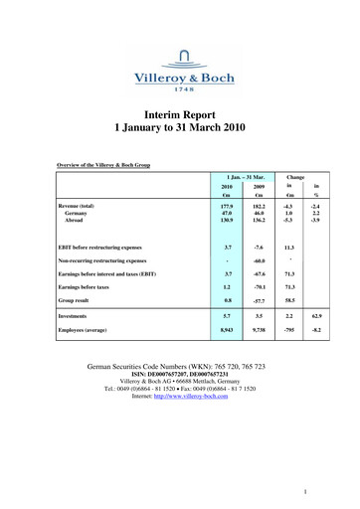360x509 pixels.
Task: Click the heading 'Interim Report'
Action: tap(180, 114)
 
